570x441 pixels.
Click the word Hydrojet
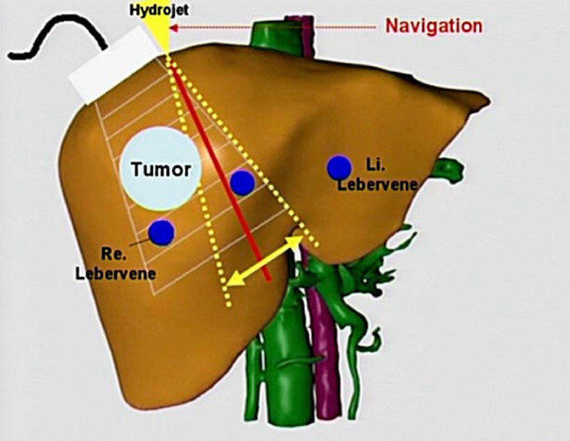[159, 10]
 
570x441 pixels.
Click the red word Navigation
[434, 26]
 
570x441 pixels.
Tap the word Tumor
[161, 170]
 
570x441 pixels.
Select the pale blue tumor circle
[160, 168]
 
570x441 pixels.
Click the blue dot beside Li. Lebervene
[340, 168]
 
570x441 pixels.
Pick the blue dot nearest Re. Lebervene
[162, 232]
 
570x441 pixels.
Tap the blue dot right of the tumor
[243, 182]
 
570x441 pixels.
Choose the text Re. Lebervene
[115, 264]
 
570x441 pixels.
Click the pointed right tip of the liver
[488, 101]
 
